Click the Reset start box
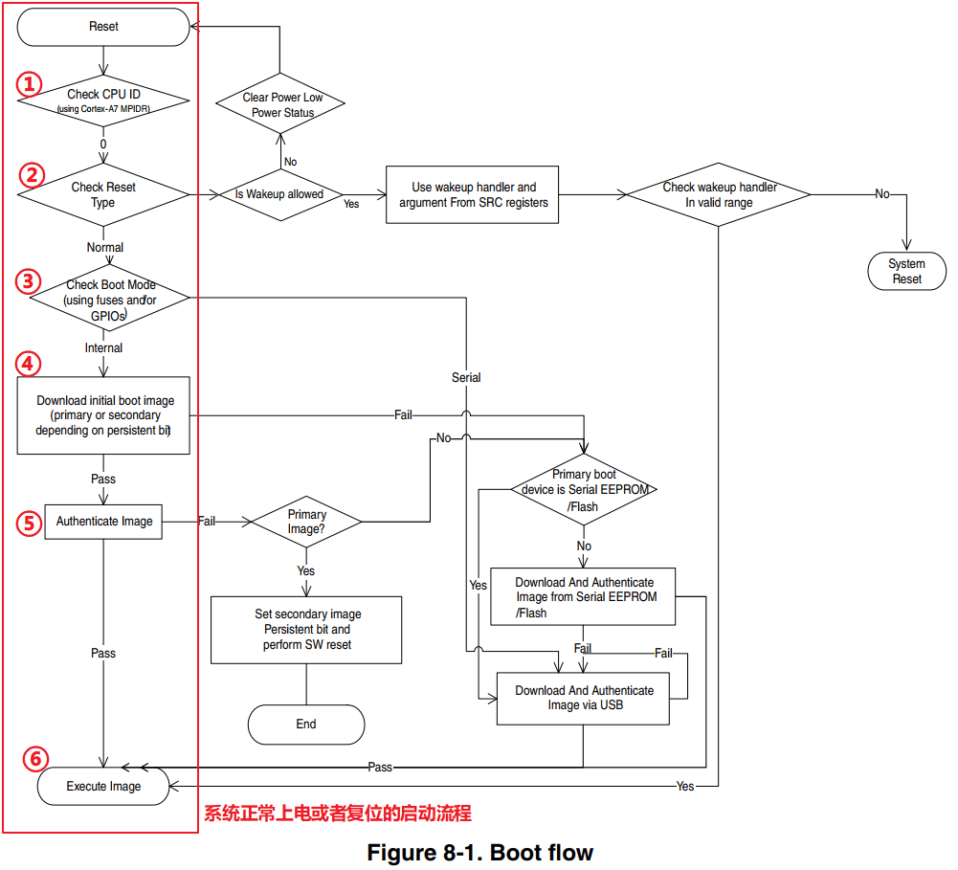(x=103, y=27)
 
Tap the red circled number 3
(x=29, y=281)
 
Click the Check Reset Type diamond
(x=103, y=194)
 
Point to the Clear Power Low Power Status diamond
(x=281, y=104)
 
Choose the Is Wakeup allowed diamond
(x=279, y=194)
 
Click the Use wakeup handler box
(x=472, y=195)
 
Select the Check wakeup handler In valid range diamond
(x=719, y=194)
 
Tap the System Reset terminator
(x=906, y=271)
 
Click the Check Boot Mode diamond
(x=108, y=300)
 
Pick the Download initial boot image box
(x=104, y=415)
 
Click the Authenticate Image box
(x=103, y=522)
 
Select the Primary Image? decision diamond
(x=306, y=522)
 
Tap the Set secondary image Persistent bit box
(x=306, y=630)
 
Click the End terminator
(x=306, y=725)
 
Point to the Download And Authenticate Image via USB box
(x=584, y=698)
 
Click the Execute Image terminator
(x=103, y=787)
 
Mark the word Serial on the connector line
(x=466, y=378)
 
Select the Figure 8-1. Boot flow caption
(x=479, y=853)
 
